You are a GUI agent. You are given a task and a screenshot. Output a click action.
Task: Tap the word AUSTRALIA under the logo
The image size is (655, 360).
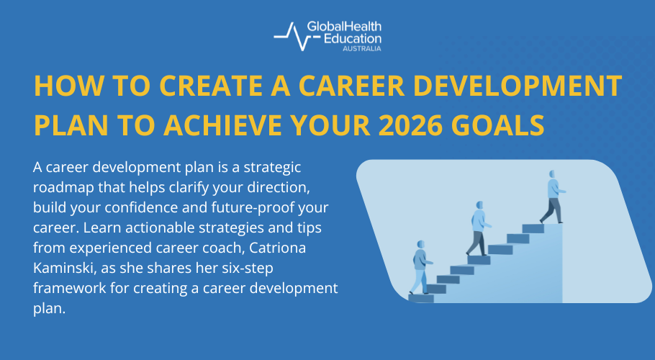[x=360, y=48]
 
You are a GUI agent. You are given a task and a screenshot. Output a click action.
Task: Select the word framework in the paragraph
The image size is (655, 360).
[x=69, y=288]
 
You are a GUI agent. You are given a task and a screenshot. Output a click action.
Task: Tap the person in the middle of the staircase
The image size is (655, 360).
[x=476, y=228]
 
